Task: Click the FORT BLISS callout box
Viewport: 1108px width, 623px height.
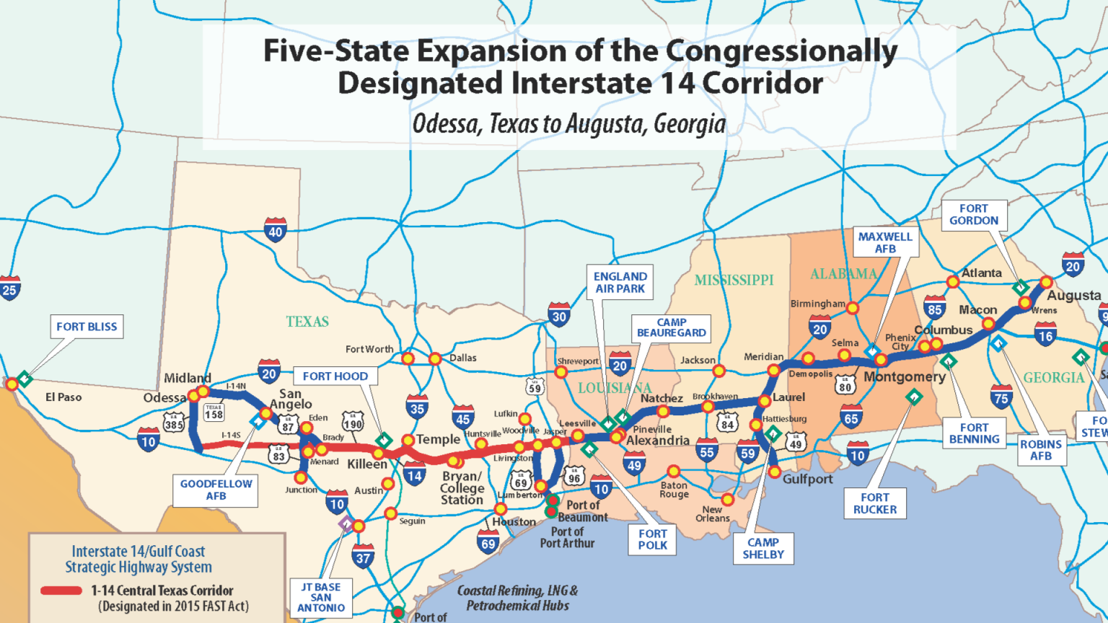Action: (87, 327)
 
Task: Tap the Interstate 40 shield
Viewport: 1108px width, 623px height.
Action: (276, 230)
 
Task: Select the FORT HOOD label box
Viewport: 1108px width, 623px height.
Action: (335, 376)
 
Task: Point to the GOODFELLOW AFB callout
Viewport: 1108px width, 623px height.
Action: (216, 490)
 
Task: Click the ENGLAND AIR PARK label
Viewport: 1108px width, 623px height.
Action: (620, 282)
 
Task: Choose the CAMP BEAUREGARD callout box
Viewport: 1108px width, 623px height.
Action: (671, 327)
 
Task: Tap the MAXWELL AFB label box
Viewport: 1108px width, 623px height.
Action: (885, 242)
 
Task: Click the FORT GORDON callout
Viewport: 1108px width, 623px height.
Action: (974, 214)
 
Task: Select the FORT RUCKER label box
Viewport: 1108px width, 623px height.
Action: (875, 503)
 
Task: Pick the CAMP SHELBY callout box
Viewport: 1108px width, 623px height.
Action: (763, 548)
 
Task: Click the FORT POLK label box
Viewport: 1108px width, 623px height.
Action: (652, 539)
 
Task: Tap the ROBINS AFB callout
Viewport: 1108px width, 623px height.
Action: (1040, 450)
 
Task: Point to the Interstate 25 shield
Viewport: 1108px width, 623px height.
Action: (9, 288)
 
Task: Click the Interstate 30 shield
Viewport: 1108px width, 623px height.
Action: (559, 315)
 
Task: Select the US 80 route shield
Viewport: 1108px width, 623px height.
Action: (845, 385)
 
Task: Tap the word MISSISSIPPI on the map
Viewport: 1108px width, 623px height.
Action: (734, 280)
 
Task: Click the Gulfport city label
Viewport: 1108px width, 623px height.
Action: (807, 479)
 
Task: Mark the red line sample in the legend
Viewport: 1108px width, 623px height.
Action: (61, 591)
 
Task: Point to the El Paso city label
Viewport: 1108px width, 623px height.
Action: (63, 397)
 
